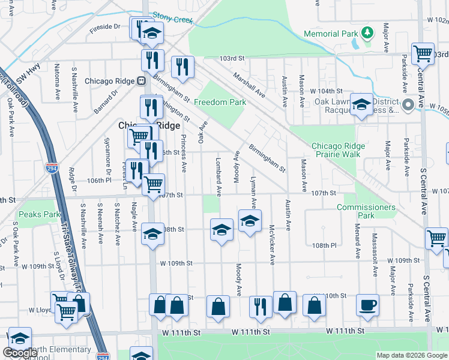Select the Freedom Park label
(220, 102)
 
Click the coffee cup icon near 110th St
(367, 305)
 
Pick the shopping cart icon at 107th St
(154, 184)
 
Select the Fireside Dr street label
(105, 27)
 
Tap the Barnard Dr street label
(106, 102)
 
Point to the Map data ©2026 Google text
(411, 355)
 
